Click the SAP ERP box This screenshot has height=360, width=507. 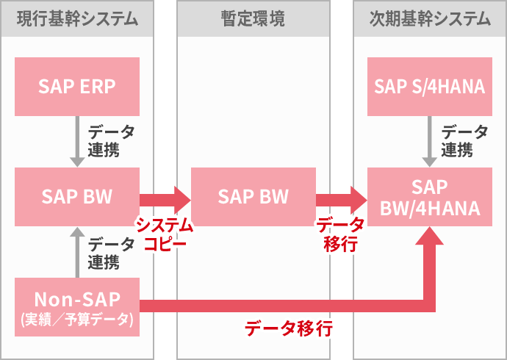pyautogui.click(x=77, y=86)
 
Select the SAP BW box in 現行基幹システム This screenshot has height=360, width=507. pyautogui.click(x=77, y=196)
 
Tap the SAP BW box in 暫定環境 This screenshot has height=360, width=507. pyautogui.click(x=253, y=196)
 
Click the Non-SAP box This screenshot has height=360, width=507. pyautogui.click(x=77, y=307)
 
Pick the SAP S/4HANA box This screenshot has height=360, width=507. pyautogui.click(x=430, y=86)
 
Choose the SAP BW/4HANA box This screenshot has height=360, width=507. pyautogui.click(x=430, y=196)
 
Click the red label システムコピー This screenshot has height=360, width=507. pyautogui.click(x=164, y=234)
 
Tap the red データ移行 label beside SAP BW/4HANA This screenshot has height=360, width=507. pyautogui.click(x=340, y=234)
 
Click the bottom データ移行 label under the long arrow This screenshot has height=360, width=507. pyautogui.click(x=289, y=328)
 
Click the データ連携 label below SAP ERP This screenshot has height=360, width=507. pyautogui.click(x=111, y=141)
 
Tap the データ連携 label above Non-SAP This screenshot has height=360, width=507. pyautogui.click(x=111, y=252)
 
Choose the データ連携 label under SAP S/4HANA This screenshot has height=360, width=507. pyautogui.click(x=464, y=141)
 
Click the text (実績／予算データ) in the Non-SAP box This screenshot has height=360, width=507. pyautogui.click(x=77, y=320)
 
